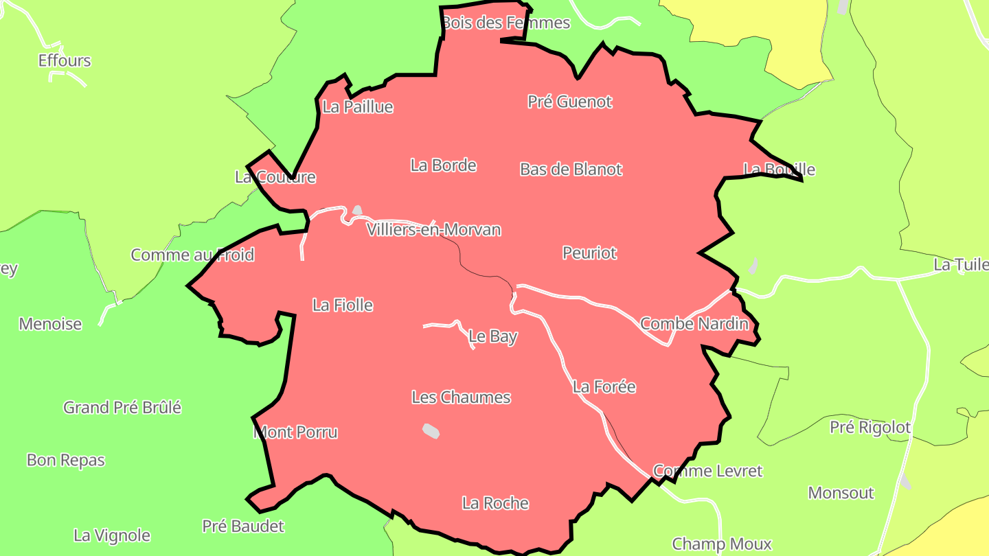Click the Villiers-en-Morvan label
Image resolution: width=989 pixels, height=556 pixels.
pos(433,230)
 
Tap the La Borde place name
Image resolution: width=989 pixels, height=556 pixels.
pos(443,165)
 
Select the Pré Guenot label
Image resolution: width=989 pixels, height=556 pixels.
pos(569,102)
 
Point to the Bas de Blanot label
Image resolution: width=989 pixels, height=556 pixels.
pos(571,170)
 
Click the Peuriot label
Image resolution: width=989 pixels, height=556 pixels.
pos(589,253)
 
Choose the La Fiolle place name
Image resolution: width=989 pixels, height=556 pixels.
pos(342,305)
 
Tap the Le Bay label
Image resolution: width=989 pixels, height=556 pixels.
pos(492,336)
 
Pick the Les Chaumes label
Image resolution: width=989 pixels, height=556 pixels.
pos(461,397)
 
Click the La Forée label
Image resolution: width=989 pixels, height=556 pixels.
pos(604,387)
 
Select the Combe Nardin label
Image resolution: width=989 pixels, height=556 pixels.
pos(694,323)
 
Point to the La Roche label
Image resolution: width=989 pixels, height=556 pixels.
pos(495,503)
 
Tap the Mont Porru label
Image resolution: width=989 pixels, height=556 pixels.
pos(295,432)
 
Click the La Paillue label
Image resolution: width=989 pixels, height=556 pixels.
pos(357,107)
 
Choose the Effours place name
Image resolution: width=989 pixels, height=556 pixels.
pos(65,60)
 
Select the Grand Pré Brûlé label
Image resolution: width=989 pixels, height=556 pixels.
pos(122,407)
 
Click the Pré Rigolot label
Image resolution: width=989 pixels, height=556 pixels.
pos(870,427)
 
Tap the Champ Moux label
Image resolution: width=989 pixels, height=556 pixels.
pos(721,544)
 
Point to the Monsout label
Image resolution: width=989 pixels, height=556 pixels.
pos(841,493)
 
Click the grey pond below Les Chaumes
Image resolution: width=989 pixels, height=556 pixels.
pos(431,430)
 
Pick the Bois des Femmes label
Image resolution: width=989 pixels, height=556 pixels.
pos(505,23)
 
